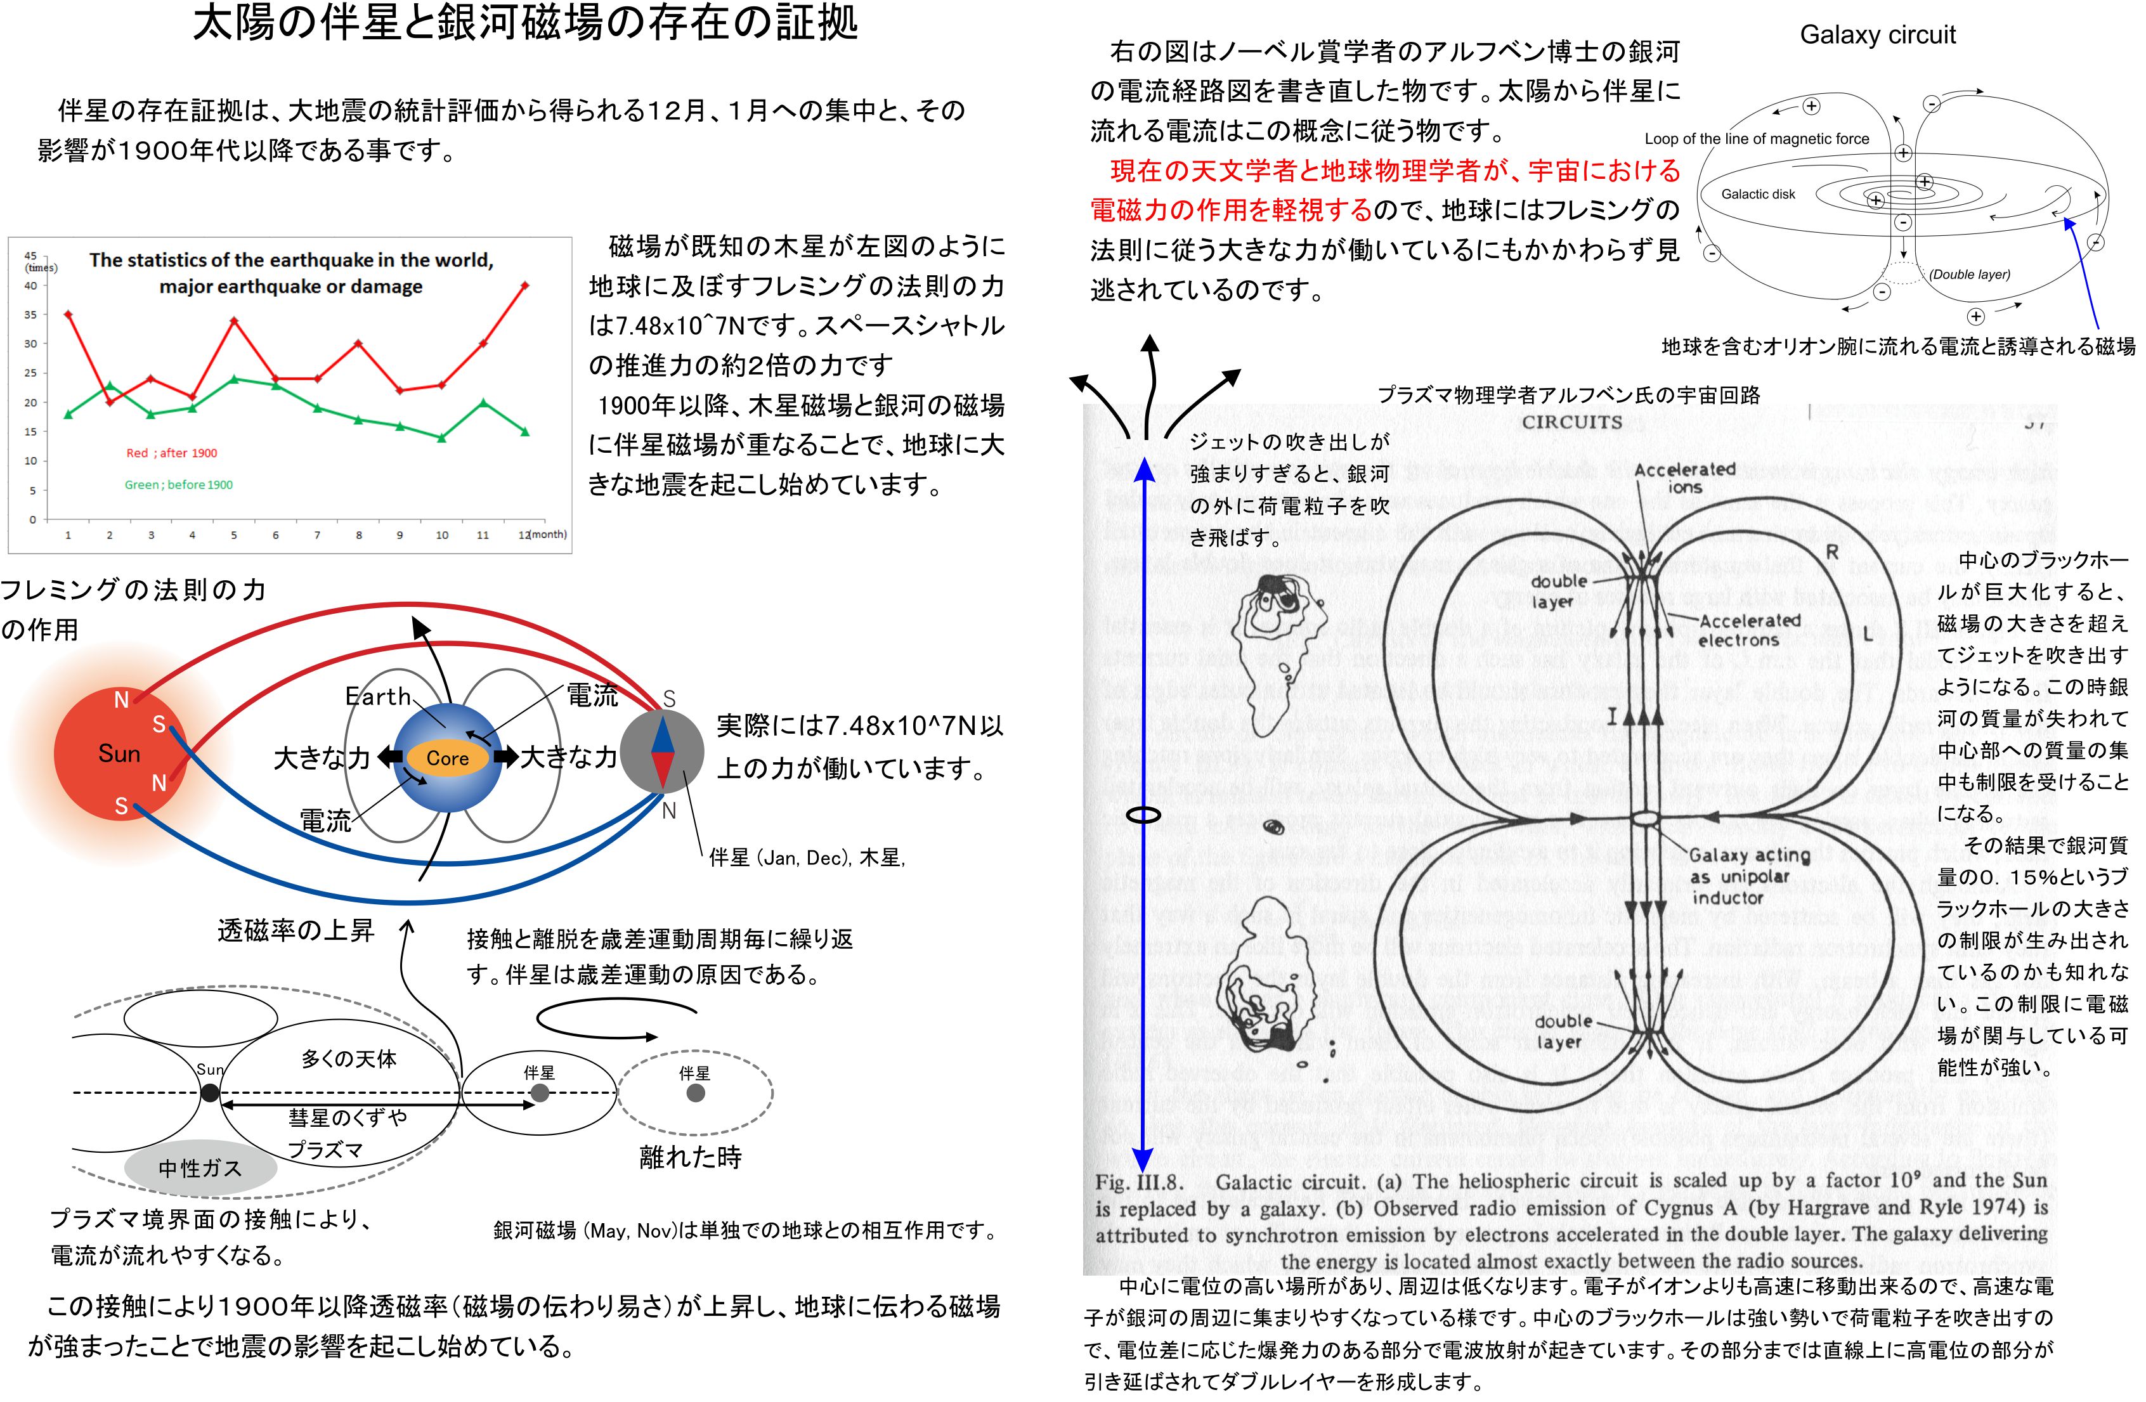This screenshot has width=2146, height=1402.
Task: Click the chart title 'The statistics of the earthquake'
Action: coord(290,272)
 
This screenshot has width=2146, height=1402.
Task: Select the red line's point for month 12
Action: coord(525,286)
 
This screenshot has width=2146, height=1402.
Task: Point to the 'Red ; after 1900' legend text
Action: coord(171,453)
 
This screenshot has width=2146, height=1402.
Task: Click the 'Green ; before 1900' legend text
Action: coord(179,484)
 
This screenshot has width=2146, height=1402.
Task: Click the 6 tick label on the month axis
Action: coord(275,535)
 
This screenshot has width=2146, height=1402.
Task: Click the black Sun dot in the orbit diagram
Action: coord(210,1093)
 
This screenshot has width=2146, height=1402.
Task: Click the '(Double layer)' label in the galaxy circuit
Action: coord(1969,274)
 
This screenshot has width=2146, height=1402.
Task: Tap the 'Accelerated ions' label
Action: coord(1684,478)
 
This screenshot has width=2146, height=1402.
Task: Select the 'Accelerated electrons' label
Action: coord(1749,630)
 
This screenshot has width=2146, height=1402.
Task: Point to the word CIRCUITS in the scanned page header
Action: coord(1571,422)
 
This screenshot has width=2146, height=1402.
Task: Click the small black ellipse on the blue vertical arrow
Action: coord(1143,815)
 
